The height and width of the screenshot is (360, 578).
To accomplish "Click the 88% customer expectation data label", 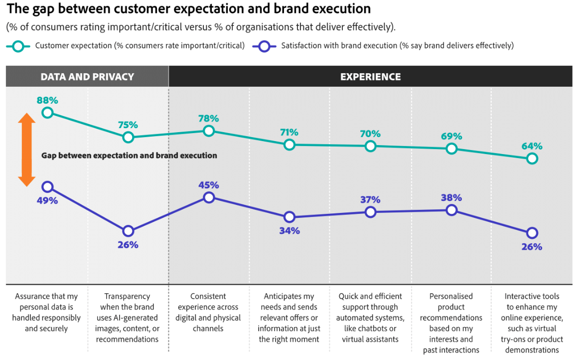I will (x=47, y=100).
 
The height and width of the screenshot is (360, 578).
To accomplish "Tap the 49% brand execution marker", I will (x=47, y=186).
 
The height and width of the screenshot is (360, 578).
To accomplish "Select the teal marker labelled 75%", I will (x=128, y=137).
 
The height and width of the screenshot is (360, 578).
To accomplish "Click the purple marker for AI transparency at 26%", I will (x=128, y=231).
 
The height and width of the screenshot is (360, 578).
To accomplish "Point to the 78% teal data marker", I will (x=209, y=131).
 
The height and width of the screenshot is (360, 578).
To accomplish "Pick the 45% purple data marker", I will (x=209, y=197).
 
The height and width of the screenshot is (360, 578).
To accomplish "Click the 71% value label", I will (x=289, y=133).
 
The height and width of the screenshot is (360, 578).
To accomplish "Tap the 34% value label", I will (x=289, y=231).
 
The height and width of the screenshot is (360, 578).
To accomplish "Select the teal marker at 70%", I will (x=370, y=146).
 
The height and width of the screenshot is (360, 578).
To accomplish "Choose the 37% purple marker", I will (x=370, y=212).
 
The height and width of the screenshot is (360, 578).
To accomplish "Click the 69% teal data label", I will (x=451, y=136).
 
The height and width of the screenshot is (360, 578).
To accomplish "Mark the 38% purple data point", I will (x=451, y=210).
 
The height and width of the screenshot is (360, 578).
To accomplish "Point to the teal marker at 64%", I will (x=532, y=159).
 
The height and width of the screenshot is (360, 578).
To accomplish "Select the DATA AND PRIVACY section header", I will (x=87, y=77).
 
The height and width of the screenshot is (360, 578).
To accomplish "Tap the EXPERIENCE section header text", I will (x=370, y=77).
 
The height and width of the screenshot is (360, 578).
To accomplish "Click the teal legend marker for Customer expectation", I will (x=18, y=46).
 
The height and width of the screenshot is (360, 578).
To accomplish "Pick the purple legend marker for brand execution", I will (x=264, y=46).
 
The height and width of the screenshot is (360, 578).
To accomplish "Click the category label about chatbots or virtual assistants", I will (x=370, y=318).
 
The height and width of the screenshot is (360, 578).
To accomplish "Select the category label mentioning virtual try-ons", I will (x=532, y=323).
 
